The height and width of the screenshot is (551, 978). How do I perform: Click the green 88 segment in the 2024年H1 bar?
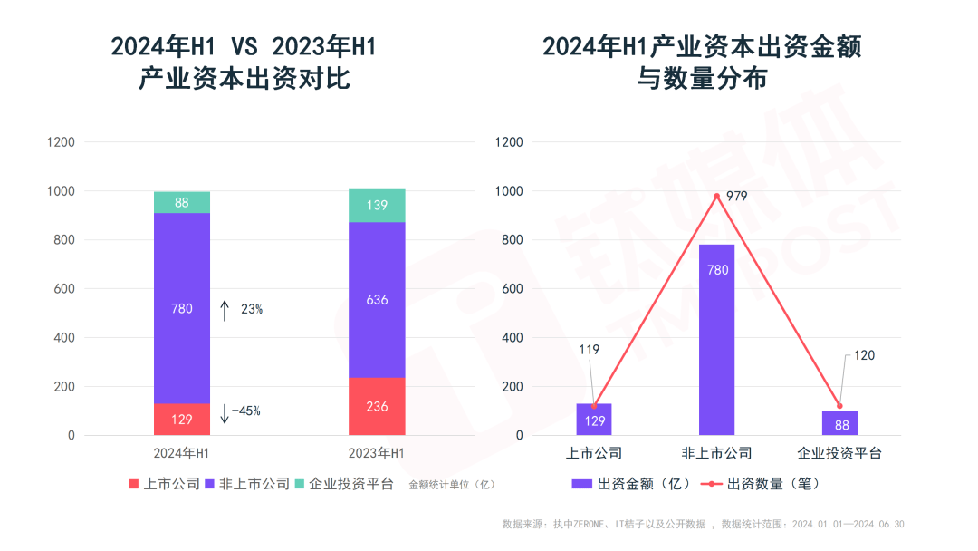pos(182,202)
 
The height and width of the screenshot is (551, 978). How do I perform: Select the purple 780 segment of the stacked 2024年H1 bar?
pos(182,308)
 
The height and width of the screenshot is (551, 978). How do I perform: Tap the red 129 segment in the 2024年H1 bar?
pos(182,420)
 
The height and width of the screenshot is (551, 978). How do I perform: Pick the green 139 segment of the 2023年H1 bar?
pos(377,205)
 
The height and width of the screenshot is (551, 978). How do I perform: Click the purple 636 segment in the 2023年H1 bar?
pos(377,300)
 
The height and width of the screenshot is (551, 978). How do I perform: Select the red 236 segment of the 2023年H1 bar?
pos(377,406)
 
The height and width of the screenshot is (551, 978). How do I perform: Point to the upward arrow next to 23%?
pos(225,310)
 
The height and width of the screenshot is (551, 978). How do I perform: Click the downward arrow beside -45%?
pos(225,412)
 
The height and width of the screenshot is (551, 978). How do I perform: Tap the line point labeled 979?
pos(716,196)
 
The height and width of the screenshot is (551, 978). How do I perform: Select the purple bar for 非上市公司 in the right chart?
pos(716,340)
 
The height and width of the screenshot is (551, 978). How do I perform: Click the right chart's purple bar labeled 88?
pos(839,423)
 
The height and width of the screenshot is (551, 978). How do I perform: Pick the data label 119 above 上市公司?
pos(589,350)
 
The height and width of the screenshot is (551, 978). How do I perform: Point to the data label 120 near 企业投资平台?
pos(864,355)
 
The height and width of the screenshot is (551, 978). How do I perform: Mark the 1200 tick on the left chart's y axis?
pos(62,142)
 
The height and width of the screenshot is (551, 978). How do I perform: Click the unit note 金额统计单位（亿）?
pos(453,485)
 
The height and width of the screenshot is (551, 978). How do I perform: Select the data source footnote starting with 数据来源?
pos(703,524)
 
